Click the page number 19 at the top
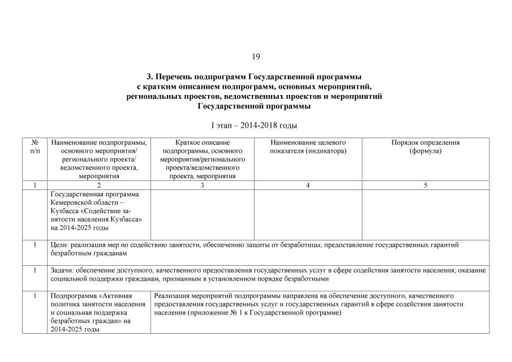pyautogui.click(x=256, y=57)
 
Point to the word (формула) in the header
pyautogui.click(x=425, y=151)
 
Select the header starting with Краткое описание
pyautogui.click(x=202, y=143)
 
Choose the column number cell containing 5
pyautogui.click(x=425, y=185)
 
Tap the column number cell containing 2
pyautogui.click(x=99, y=185)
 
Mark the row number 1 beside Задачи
pyautogui.click(x=35, y=270)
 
